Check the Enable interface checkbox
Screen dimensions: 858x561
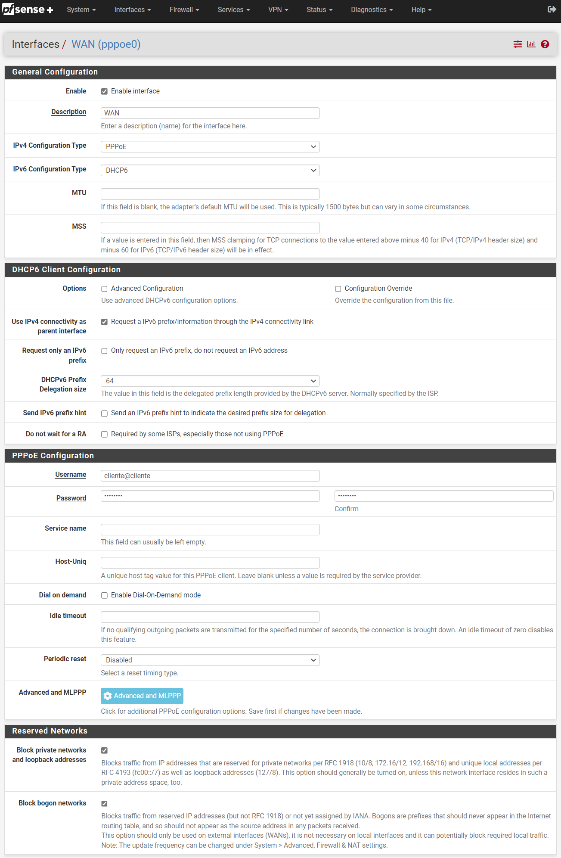pyautogui.click(x=104, y=91)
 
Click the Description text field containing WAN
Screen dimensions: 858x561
pyautogui.click(x=210, y=113)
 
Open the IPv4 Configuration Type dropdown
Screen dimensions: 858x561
pyautogui.click(x=210, y=146)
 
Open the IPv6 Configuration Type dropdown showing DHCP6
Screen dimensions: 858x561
pyautogui.click(x=210, y=170)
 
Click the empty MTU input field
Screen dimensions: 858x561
pyautogui.click(x=210, y=194)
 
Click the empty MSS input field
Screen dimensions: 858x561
pyautogui.click(x=210, y=227)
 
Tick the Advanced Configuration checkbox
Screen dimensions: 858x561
pyautogui.click(x=104, y=289)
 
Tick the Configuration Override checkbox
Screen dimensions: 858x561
pyautogui.click(x=338, y=289)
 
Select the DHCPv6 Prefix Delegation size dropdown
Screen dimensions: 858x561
pyautogui.click(x=210, y=381)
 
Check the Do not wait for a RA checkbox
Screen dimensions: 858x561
pyautogui.click(x=104, y=434)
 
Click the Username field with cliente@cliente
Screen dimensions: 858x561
pyautogui.click(x=210, y=476)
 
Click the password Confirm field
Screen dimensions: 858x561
pyautogui.click(x=443, y=496)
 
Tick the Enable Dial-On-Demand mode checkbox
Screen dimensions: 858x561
pyautogui.click(x=104, y=595)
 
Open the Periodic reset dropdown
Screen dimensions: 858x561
pyautogui.click(x=210, y=660)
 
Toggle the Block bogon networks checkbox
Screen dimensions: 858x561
pyautogui.click(x=104, y=804)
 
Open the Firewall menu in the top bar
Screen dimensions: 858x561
pyautogui.click(x=184, y=9)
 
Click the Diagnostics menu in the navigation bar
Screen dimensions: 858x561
pyautogui.click(x=372, y=9)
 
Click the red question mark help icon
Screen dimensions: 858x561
pyautogui.click(x=545, y=44)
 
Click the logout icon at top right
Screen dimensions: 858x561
pyautogui.click(x=552, y=9)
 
